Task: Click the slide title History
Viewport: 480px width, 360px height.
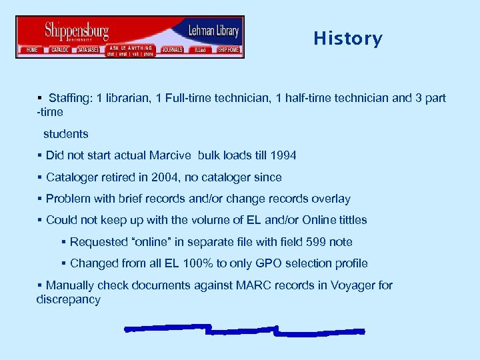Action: (x=348, y=39)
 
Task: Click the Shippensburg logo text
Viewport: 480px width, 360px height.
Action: (x=76, y=31)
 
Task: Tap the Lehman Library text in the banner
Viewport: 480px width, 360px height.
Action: (x=213, y=31)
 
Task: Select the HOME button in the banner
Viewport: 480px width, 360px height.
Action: (x=31, y=50)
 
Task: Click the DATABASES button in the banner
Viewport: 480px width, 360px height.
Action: (x=88, y=50)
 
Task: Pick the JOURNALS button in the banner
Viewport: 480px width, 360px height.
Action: (x=172, y=50)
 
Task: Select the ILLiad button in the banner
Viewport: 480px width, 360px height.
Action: (x=199, y=50)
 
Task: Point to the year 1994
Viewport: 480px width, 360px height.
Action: (x=283, y=155)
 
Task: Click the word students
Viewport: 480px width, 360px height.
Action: (x=66, y=134)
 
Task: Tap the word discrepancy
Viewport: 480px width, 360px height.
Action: (x=68, y=299)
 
